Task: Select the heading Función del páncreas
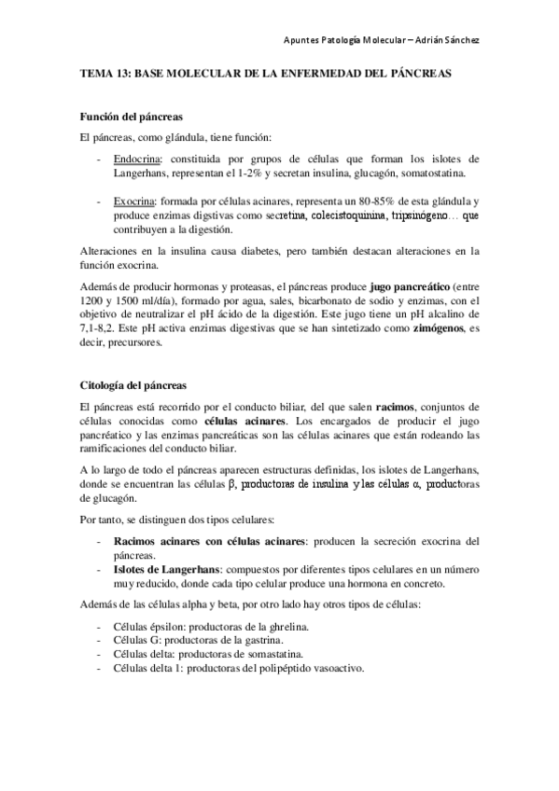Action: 130,117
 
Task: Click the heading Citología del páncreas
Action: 133,385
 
